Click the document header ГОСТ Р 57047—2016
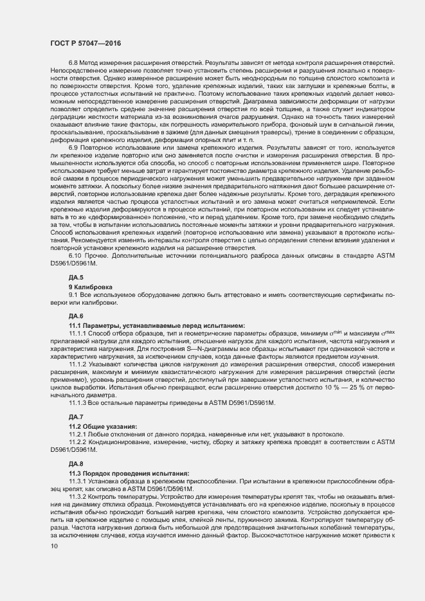85,43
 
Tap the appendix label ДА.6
76,316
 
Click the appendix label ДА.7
76,417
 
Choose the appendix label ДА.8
76,463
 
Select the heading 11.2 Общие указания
103,426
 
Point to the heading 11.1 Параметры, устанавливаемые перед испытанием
147,325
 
